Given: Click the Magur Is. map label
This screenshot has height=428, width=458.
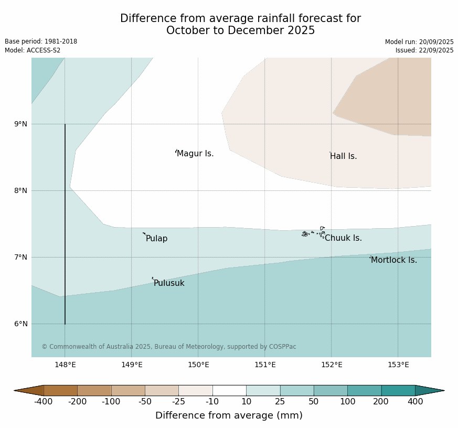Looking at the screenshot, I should point(195,154).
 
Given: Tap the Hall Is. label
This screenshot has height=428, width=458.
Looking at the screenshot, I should point(344,156).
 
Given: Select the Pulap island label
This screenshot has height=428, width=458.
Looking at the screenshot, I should point(156,239).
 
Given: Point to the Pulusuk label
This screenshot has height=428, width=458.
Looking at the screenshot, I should point(169,283).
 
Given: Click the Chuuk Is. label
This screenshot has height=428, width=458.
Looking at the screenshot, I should point(343,238).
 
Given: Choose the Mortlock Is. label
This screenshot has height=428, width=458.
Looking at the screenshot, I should point(394,260).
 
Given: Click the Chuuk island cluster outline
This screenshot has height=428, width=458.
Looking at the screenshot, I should point(314,232).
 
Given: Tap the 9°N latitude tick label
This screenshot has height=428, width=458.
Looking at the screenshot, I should point(20,124).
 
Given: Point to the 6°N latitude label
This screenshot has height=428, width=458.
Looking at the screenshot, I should point(20,324).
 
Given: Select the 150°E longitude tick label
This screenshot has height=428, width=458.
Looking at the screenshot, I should point(198,365).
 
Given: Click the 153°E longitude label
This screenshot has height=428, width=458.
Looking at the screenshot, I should point(398,365).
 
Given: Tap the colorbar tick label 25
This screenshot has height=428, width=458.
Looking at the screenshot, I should point(280,402).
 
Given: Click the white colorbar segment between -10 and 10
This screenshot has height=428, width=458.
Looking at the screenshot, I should point(229,390).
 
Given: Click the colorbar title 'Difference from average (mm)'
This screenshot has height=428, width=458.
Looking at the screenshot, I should point(229,416).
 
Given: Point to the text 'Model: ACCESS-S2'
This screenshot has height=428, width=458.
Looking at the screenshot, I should point(33,50).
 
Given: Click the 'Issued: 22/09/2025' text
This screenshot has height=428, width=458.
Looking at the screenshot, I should point(424,50).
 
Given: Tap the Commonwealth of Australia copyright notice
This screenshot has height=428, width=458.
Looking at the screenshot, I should point(168,347).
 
